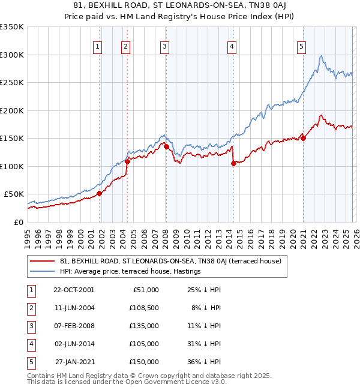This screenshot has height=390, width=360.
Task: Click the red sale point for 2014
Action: pos(233,164)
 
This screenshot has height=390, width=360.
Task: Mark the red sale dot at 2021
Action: pos(304,138)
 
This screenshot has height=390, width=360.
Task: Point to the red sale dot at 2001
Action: pos(100,193)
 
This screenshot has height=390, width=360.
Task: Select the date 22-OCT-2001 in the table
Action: pos(73,290)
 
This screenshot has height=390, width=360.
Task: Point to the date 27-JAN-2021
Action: pos(73,362)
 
